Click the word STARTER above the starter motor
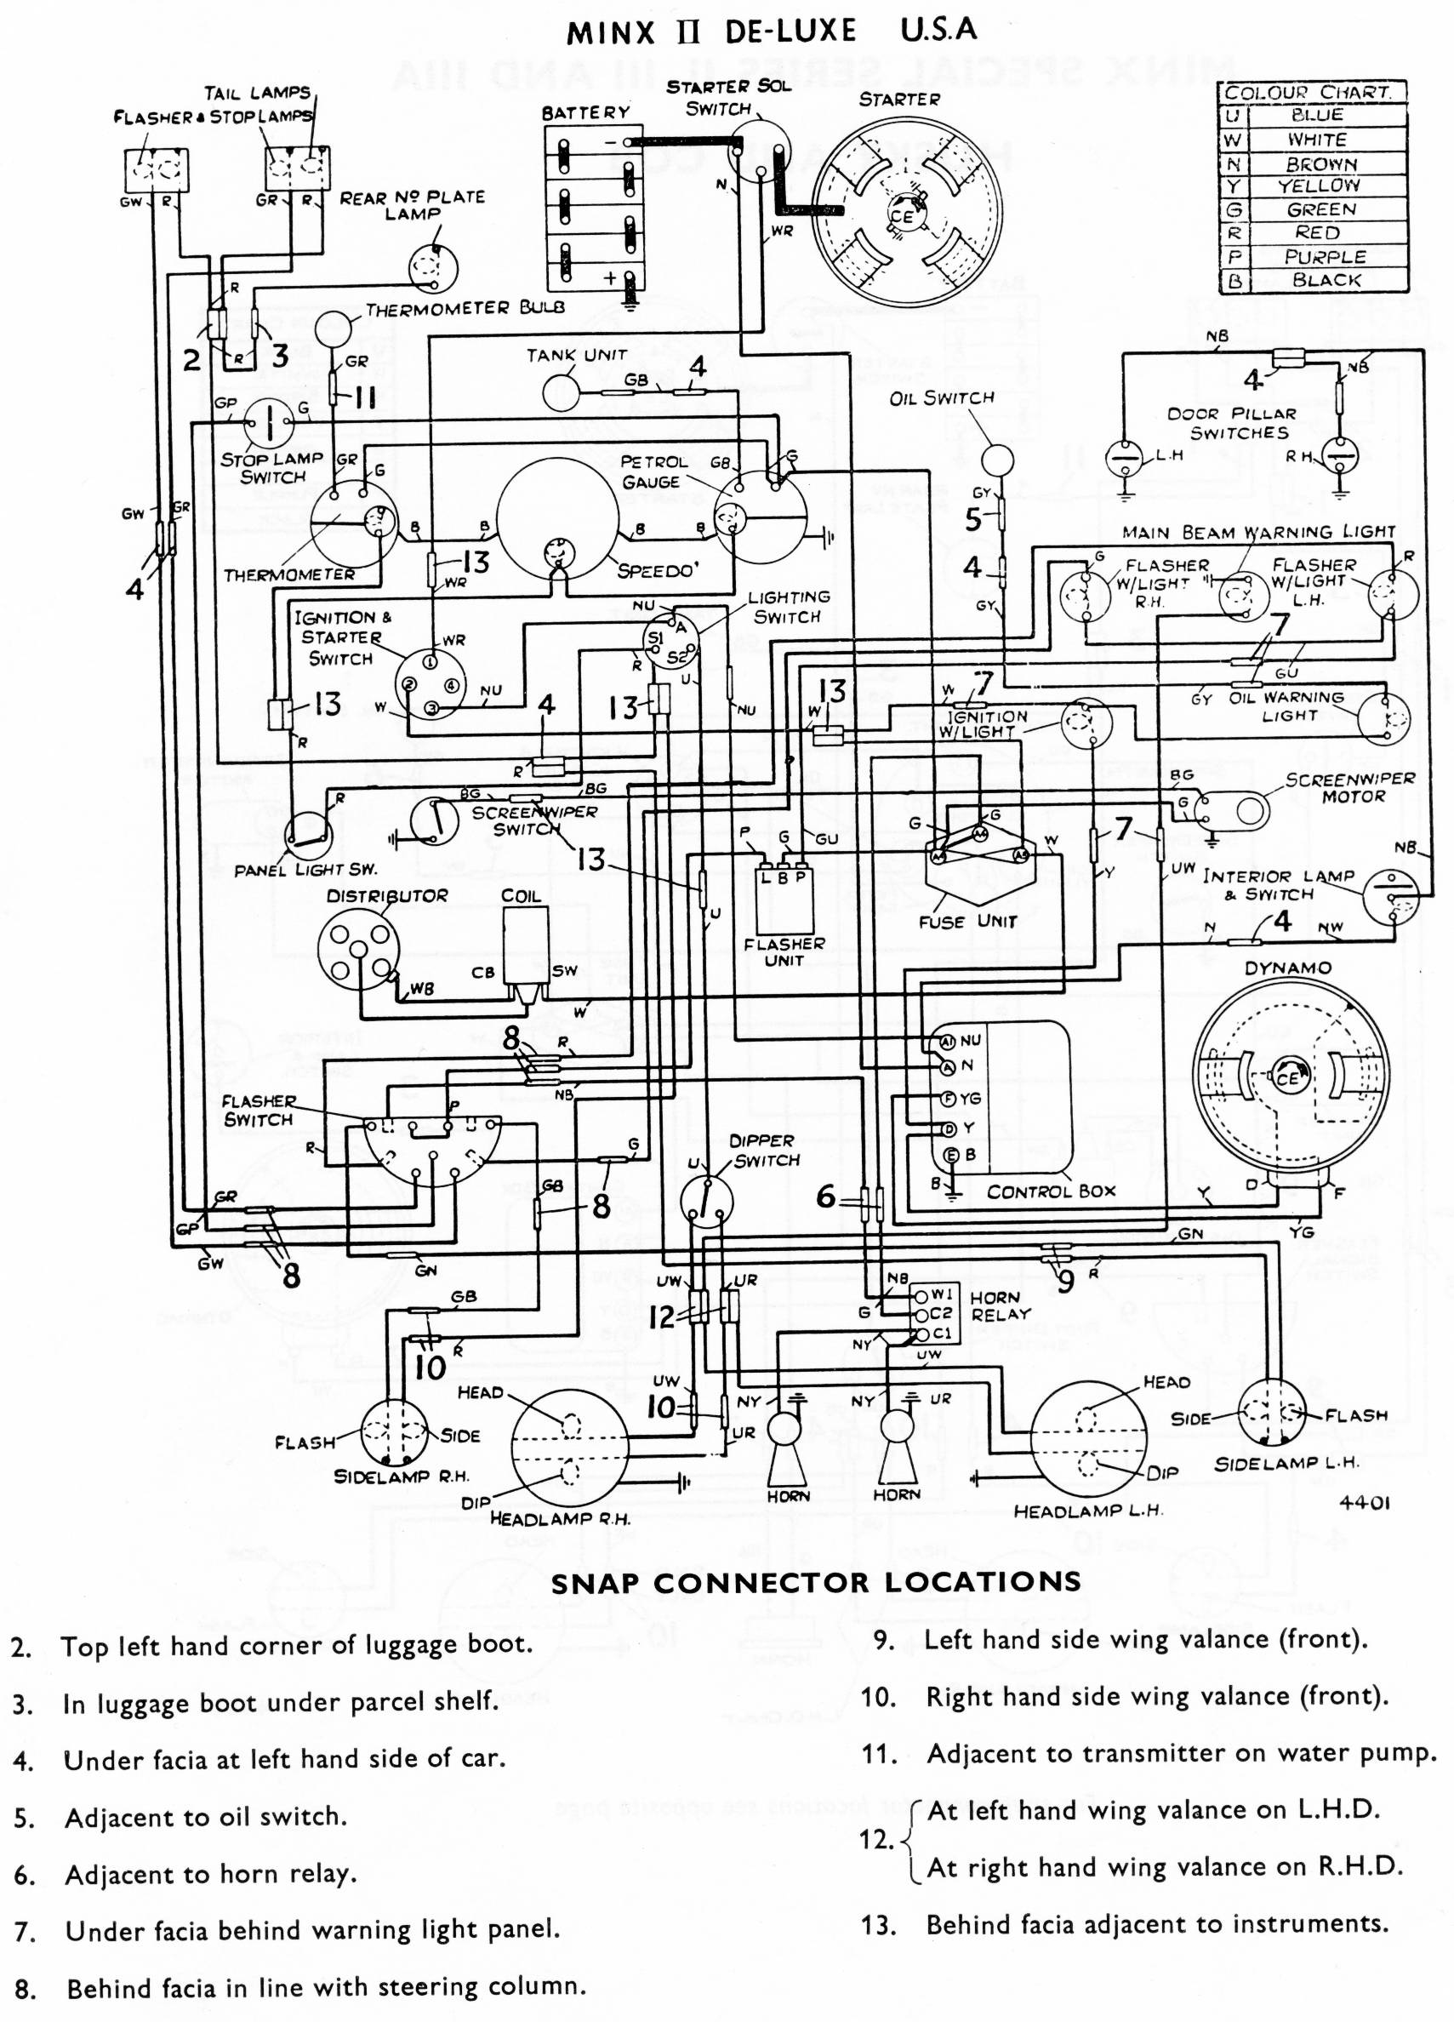pyautogui.click(x=898, y=99)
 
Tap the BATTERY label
pyautogui.click(x=584, y=112)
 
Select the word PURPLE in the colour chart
pyautogui.click(x=1325, y=257)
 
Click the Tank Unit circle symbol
pyautogui.click(x=562, y=392)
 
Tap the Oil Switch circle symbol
pyautogui.click(x=998, y=460)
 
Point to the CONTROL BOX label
pyautogui.click(x=1050, y=1192)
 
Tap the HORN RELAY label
pyautogui.click(x=1001, y=1306)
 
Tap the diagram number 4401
pyautogui.click(x=1364, y=1503)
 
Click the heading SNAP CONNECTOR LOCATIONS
pyautogui.click(x=815, y=1583)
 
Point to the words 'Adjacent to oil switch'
pyautogui.click(x=206, y=1817)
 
